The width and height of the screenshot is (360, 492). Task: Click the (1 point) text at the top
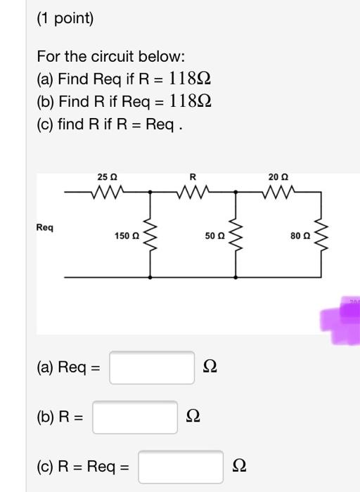pyautogui.click(x=65, y=18)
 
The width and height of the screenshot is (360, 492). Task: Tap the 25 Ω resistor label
pyautogui.click(x=108, y=176)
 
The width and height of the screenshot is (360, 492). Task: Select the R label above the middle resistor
pyautogui.click(x=192, y=176)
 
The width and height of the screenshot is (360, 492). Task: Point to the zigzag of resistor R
pyautogui.click(x=192, y=190)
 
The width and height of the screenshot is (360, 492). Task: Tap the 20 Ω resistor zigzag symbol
pyautogui.click(x=278, y=190)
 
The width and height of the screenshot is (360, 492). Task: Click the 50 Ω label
pyautogui.click(x=214, y=236)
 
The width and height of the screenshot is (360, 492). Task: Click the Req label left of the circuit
pyautogui.click(x=44, y=228)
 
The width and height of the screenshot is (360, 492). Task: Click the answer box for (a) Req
pyautogui.click(x=152, y=368)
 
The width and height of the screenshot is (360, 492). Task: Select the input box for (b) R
pyautogui.click(x=135, y=417)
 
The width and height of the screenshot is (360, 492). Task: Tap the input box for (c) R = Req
pyautogui.click(x=180, y=467)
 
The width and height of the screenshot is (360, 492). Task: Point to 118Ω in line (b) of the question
pyautogui.click(x=186, y=102)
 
